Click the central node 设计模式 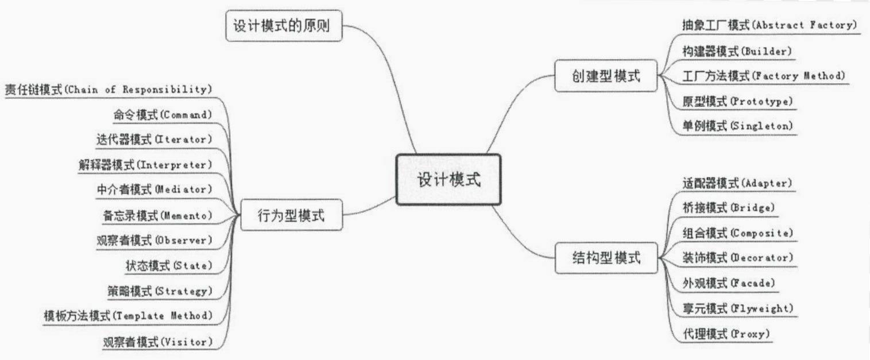[x=448, y=179]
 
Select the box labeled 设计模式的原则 [x=284, y=26]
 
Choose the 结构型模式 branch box [x=606, y=258]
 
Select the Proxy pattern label [x=726, y=334]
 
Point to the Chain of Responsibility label [x=109, y=90]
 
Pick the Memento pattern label [x=157, y=215]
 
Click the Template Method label [x=128, y=315]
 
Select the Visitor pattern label [x=157, y=342]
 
